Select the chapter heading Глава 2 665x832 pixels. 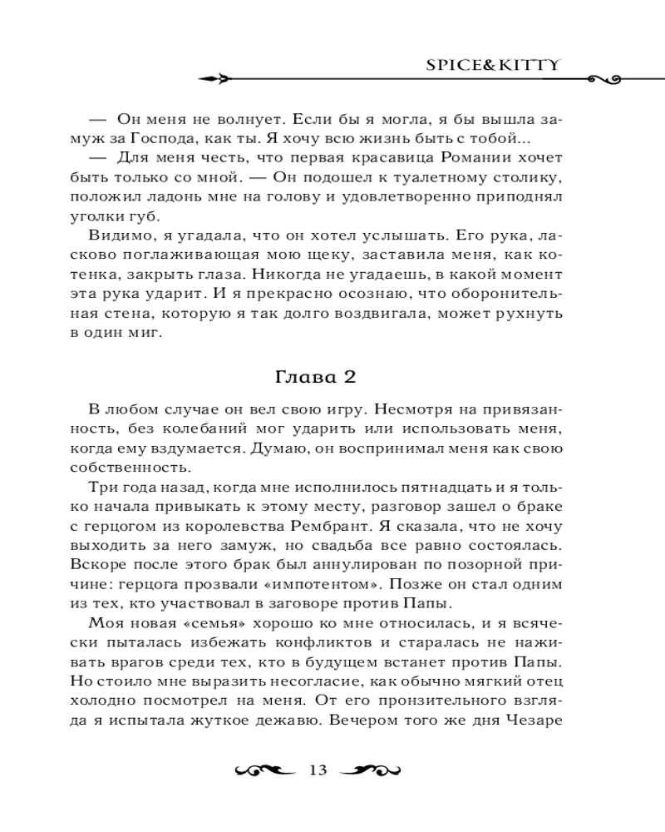pos(315,376)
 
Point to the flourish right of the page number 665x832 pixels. pos(369,770)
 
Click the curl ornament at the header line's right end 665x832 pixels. pos(606,80)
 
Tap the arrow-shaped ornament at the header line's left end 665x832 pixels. pos(216,80)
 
